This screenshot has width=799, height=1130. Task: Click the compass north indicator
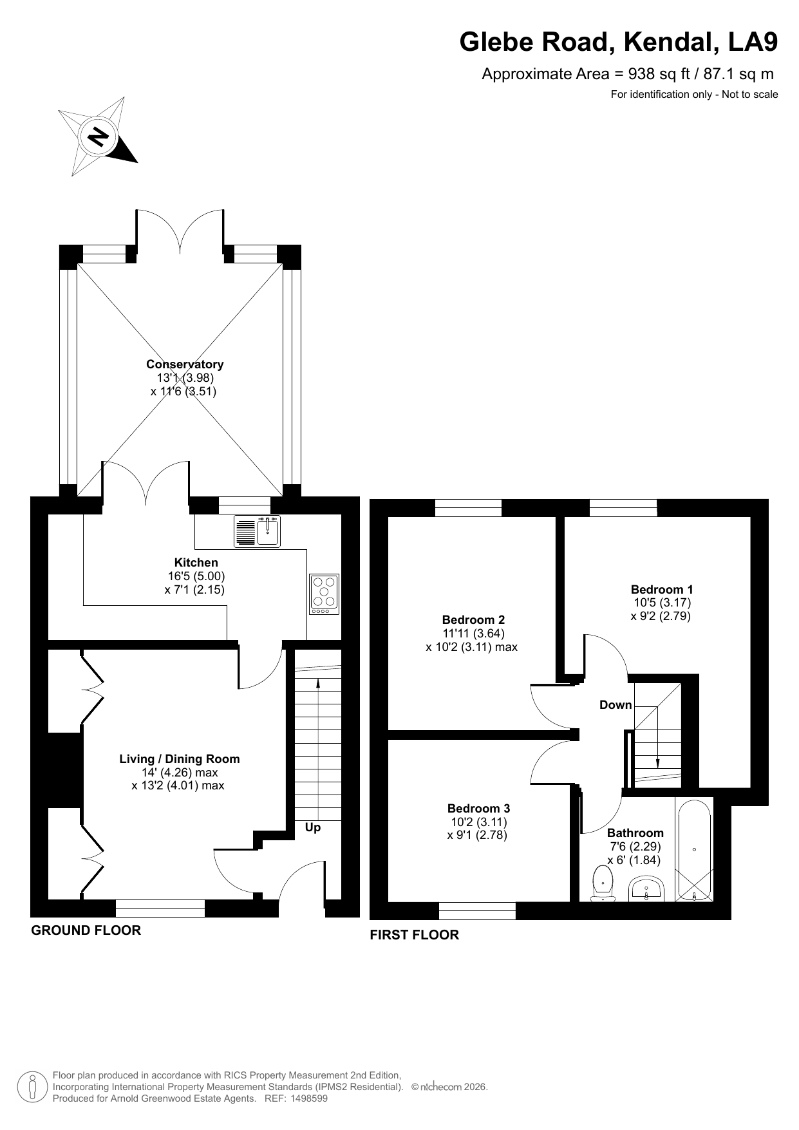tap(99, 137)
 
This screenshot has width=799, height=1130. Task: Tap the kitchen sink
tap(258, 531)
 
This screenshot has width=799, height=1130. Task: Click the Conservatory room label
tap(185, 364)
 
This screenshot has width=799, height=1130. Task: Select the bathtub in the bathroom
tap(694, 850)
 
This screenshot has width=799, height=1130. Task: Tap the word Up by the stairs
tap(313, 827)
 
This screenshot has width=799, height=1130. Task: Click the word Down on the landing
tap(616, 705)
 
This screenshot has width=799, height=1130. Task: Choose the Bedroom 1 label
tap(662, 589)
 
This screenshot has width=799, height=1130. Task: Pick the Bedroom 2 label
tap(473, 620)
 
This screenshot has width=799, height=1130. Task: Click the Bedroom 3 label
tap(478, 808)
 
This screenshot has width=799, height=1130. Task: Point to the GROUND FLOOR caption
tap(86, 930)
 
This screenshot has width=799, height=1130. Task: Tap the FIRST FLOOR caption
tap(414, 935)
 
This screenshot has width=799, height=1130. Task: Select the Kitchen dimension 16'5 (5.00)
tap(196, 576)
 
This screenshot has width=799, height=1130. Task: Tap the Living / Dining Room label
tap(180, 759)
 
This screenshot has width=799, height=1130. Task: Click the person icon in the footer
tap(32, 1087)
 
